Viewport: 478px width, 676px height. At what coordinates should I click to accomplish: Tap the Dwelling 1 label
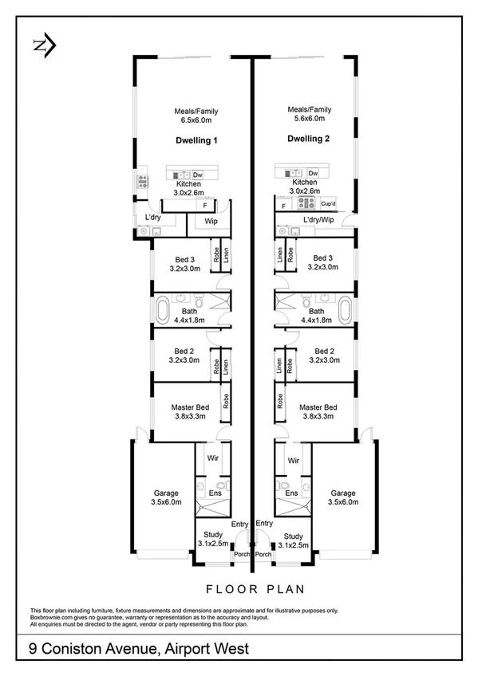click(196, 140)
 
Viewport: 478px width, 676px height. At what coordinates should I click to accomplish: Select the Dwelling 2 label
click(308, 138)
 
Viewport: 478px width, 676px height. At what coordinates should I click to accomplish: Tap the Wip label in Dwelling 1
click(211, 221)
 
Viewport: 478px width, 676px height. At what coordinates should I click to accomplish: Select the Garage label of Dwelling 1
click(166, 493)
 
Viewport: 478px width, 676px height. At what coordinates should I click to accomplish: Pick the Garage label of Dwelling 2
click(342, 493)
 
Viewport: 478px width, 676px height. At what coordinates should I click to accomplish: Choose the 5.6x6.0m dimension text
click(308, 118)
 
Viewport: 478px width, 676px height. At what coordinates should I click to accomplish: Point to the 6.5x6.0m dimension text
click(196, 120)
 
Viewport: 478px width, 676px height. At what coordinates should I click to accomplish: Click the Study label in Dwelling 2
click(293, 536)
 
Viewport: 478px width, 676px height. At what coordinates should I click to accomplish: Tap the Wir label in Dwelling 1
click(213, 460)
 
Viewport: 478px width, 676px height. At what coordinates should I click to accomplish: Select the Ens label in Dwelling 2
click(292, 494)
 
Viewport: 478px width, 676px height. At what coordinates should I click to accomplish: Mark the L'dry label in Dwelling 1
click(153, 218)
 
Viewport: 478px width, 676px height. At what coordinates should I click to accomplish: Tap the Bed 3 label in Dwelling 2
click(322, 258)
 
